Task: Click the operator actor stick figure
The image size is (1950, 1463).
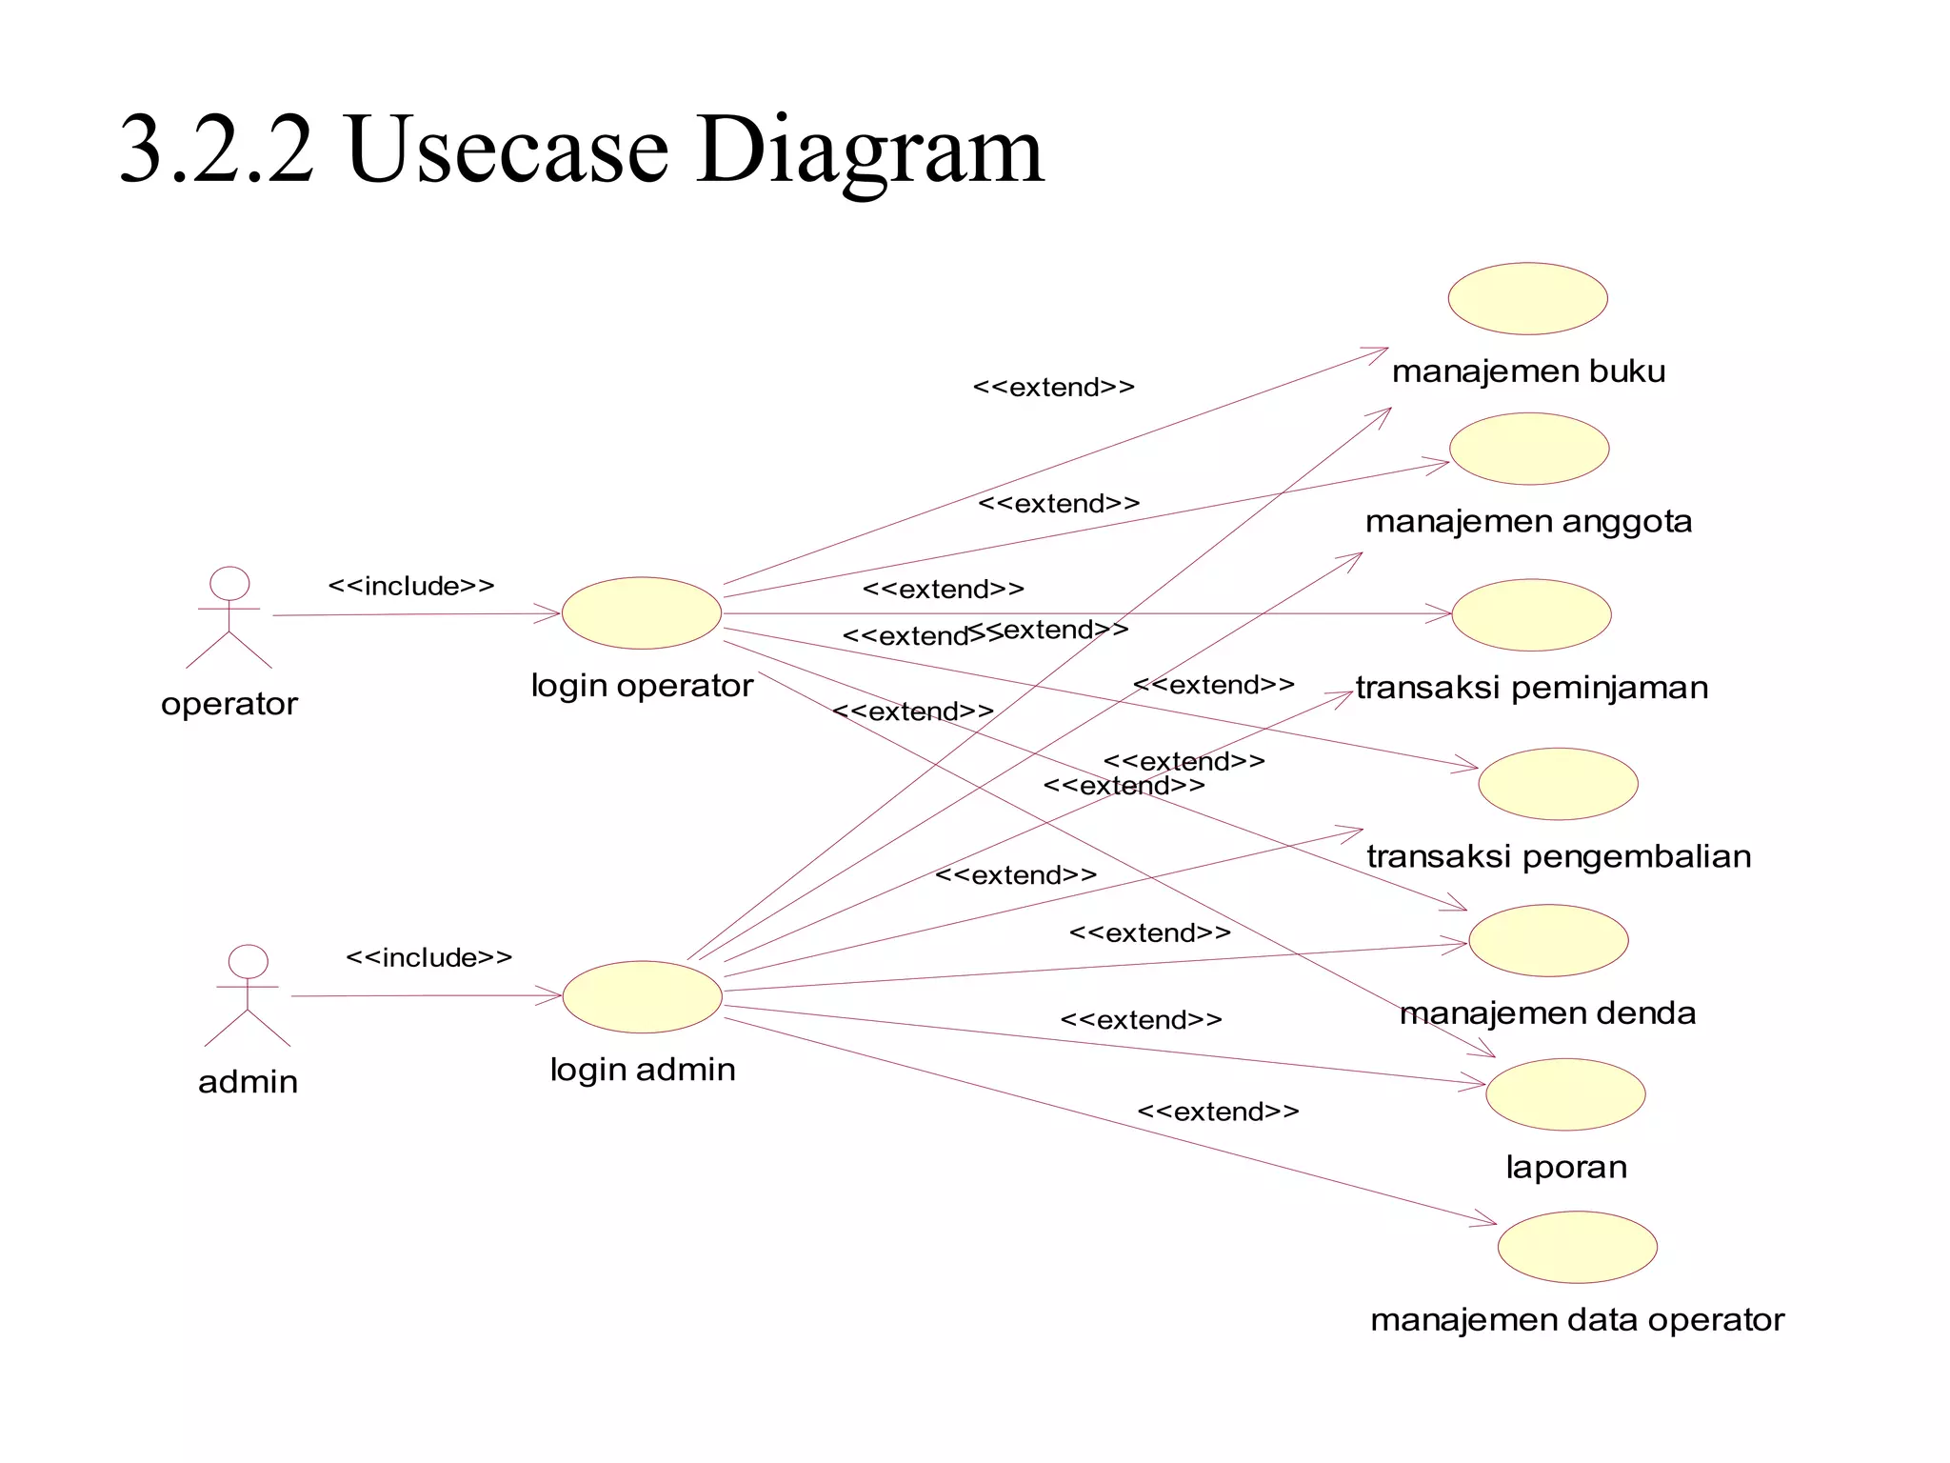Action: [x=229, y=617]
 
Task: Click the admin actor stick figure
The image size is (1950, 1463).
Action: [x=248, y=995]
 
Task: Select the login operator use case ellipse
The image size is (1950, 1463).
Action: [x=642, y=613]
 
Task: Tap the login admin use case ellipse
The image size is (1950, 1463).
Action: [x=643, y=996]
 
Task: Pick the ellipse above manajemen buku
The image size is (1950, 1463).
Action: [x=1527, y=298]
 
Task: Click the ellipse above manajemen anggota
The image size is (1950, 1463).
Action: [x=1529, y=449]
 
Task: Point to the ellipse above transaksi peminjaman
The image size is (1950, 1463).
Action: [x=1531, y=615]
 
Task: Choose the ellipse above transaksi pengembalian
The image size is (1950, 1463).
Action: [x=1558, y=784]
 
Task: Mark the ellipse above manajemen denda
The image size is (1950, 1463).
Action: [x=1548, y=940]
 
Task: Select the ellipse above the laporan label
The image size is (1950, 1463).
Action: [x=1565, y=1094]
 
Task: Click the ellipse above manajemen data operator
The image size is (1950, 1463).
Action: [x=1578, y=1247]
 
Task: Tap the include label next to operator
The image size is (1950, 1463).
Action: [x=411, y=586]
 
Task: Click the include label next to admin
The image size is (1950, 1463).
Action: [x=428, y=957]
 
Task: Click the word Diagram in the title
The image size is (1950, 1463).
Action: [x=870, y=150]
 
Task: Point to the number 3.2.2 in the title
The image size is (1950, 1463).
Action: [x=217, y=150]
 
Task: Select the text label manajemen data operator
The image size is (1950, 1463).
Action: [x=1577, y=1320]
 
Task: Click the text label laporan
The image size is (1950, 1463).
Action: [x=1566, y=1167]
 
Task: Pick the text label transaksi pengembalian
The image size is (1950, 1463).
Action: [x=1559, y=856]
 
